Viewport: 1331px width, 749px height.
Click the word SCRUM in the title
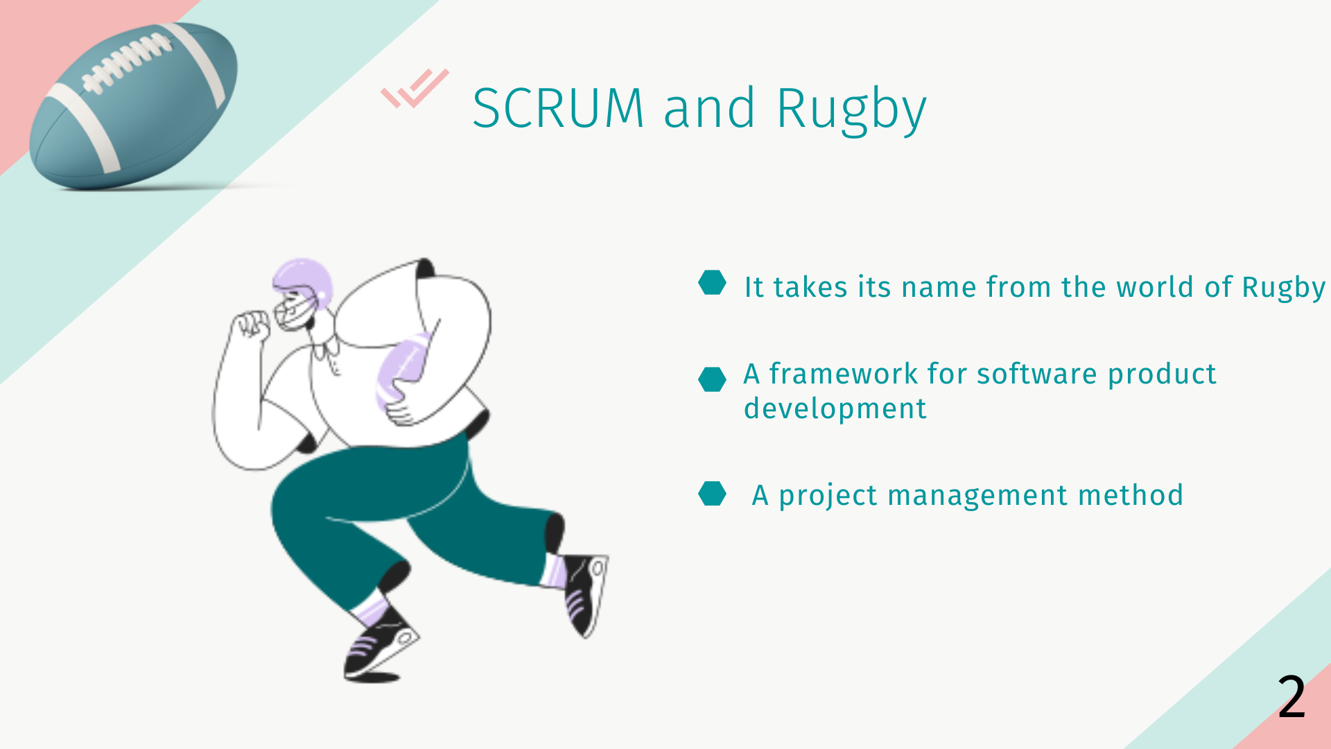point(559,108)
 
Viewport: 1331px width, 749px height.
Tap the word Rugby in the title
point(851,111)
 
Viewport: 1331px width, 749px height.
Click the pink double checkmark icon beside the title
point(415,88)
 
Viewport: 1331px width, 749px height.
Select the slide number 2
point(1292,696)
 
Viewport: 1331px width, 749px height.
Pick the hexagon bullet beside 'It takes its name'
point(712,282)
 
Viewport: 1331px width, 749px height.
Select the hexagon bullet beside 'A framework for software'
point(712,379)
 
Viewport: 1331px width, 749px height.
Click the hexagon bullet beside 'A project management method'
point(712,494)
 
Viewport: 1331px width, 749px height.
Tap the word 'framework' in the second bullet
point(844,374)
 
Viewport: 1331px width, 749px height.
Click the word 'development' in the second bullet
point(835,409)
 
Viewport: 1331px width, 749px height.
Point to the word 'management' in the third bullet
point(977,497)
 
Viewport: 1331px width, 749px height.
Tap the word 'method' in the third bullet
point(1131,495)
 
